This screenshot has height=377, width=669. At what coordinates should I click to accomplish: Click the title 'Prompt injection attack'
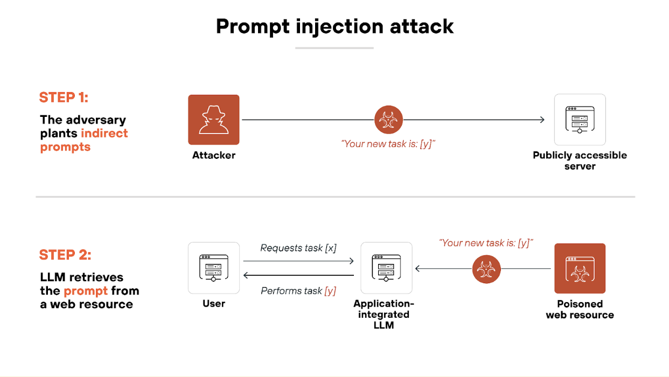[x=334, y=26]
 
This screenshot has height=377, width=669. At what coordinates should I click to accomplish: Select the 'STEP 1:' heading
[x=64, y=97]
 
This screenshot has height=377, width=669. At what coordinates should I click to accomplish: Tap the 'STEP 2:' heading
[x=65, y=255]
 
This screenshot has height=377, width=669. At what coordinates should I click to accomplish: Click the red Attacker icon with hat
[x=213, y=120]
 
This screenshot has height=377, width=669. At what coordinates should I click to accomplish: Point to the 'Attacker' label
[x=213, y=156]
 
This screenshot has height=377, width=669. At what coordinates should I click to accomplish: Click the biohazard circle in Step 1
[x=388, y=120]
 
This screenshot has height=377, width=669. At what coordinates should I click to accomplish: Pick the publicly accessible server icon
[x=580, y=120]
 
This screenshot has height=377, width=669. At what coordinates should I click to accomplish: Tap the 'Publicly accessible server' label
[x=580, y=160]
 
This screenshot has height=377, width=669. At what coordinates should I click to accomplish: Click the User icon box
[x=213, y=268]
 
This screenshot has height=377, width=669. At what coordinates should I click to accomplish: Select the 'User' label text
[x=213, y=304]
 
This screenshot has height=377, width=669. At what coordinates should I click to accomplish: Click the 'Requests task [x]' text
[x=298, y=248]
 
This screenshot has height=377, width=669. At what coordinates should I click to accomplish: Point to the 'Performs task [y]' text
[x=298, y=291]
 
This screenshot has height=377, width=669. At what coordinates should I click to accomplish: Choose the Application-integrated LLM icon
[x=386, y=268]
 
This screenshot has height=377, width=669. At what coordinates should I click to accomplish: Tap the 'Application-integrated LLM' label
[x=384, y=315]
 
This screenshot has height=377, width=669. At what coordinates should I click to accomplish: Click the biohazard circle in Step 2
[x=486, y=269]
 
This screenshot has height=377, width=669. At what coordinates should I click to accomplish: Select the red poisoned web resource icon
[x=580, y=268]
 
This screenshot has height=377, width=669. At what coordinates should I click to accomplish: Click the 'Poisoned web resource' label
[x=580, y=310]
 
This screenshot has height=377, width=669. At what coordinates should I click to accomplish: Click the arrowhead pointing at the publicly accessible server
[x=542, y=120]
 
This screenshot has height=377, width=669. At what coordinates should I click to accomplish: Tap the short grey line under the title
[x=334, y=48]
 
